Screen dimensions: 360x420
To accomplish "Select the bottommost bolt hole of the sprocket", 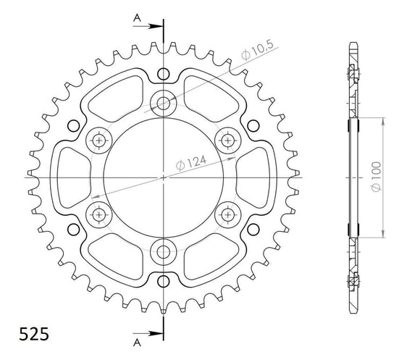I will click(x=164, y=252).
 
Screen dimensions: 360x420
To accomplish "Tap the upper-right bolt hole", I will click(x=229, y=139).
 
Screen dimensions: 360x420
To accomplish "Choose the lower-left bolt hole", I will click(x=98, y=214).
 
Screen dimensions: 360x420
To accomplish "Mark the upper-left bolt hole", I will click(x=98, y=139).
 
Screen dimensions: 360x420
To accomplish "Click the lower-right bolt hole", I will click(x=229, y=214).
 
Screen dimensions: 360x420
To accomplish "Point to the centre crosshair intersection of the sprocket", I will click(x=164, y=177).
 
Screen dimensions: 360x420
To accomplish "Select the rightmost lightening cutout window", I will click(x=255, y=177).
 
